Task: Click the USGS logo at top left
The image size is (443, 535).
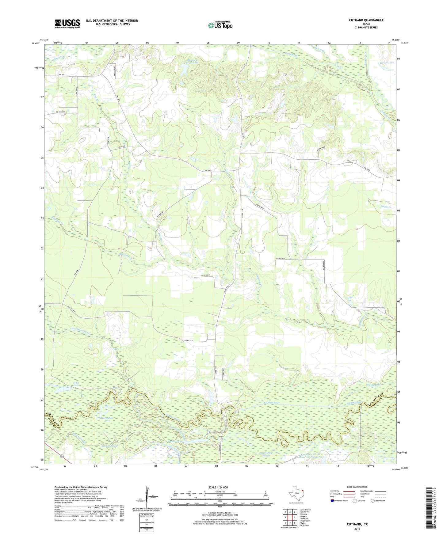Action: click(67, 24)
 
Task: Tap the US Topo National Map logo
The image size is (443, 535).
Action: click(220, 25)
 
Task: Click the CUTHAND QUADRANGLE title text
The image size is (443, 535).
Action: click(366, 20)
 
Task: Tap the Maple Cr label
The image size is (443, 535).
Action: click(386, 207)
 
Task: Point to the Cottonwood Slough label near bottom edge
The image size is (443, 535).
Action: click(265, 454)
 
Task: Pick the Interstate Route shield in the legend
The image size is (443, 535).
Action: click(333, 501)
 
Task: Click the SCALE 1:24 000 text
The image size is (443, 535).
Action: click(218, 487)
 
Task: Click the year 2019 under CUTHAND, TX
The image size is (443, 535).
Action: click(357, 529)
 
